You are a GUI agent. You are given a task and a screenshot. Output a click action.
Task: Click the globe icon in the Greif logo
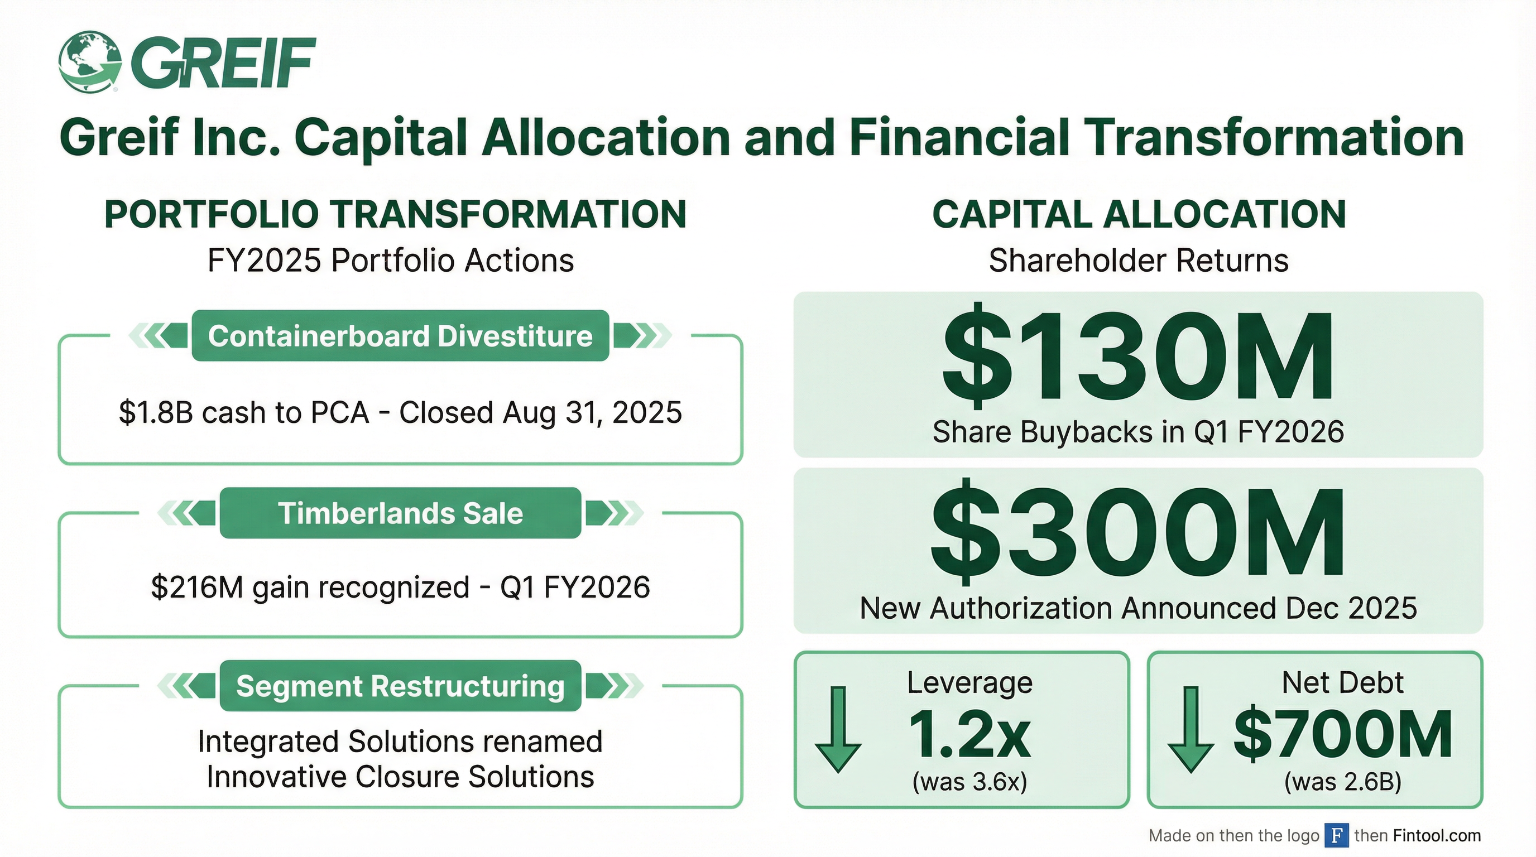89,62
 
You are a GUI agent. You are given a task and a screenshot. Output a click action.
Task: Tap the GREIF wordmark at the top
224,62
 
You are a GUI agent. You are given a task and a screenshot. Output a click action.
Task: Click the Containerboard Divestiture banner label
400,336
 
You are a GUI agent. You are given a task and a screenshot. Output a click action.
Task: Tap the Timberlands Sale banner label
400,513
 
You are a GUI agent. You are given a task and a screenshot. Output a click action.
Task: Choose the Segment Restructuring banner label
400,686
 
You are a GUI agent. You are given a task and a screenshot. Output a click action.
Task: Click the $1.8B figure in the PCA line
156,412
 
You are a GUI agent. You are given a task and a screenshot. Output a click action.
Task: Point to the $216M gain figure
197,588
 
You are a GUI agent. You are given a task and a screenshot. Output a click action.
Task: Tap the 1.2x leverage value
969,734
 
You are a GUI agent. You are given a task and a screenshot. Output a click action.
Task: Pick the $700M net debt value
1343,734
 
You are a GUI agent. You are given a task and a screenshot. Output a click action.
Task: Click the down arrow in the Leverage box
838,729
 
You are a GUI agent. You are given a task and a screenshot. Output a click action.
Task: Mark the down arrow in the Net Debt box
1191,729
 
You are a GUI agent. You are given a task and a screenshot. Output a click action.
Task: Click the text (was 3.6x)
969,782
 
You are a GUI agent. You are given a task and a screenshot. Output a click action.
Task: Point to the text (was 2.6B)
1343,782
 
